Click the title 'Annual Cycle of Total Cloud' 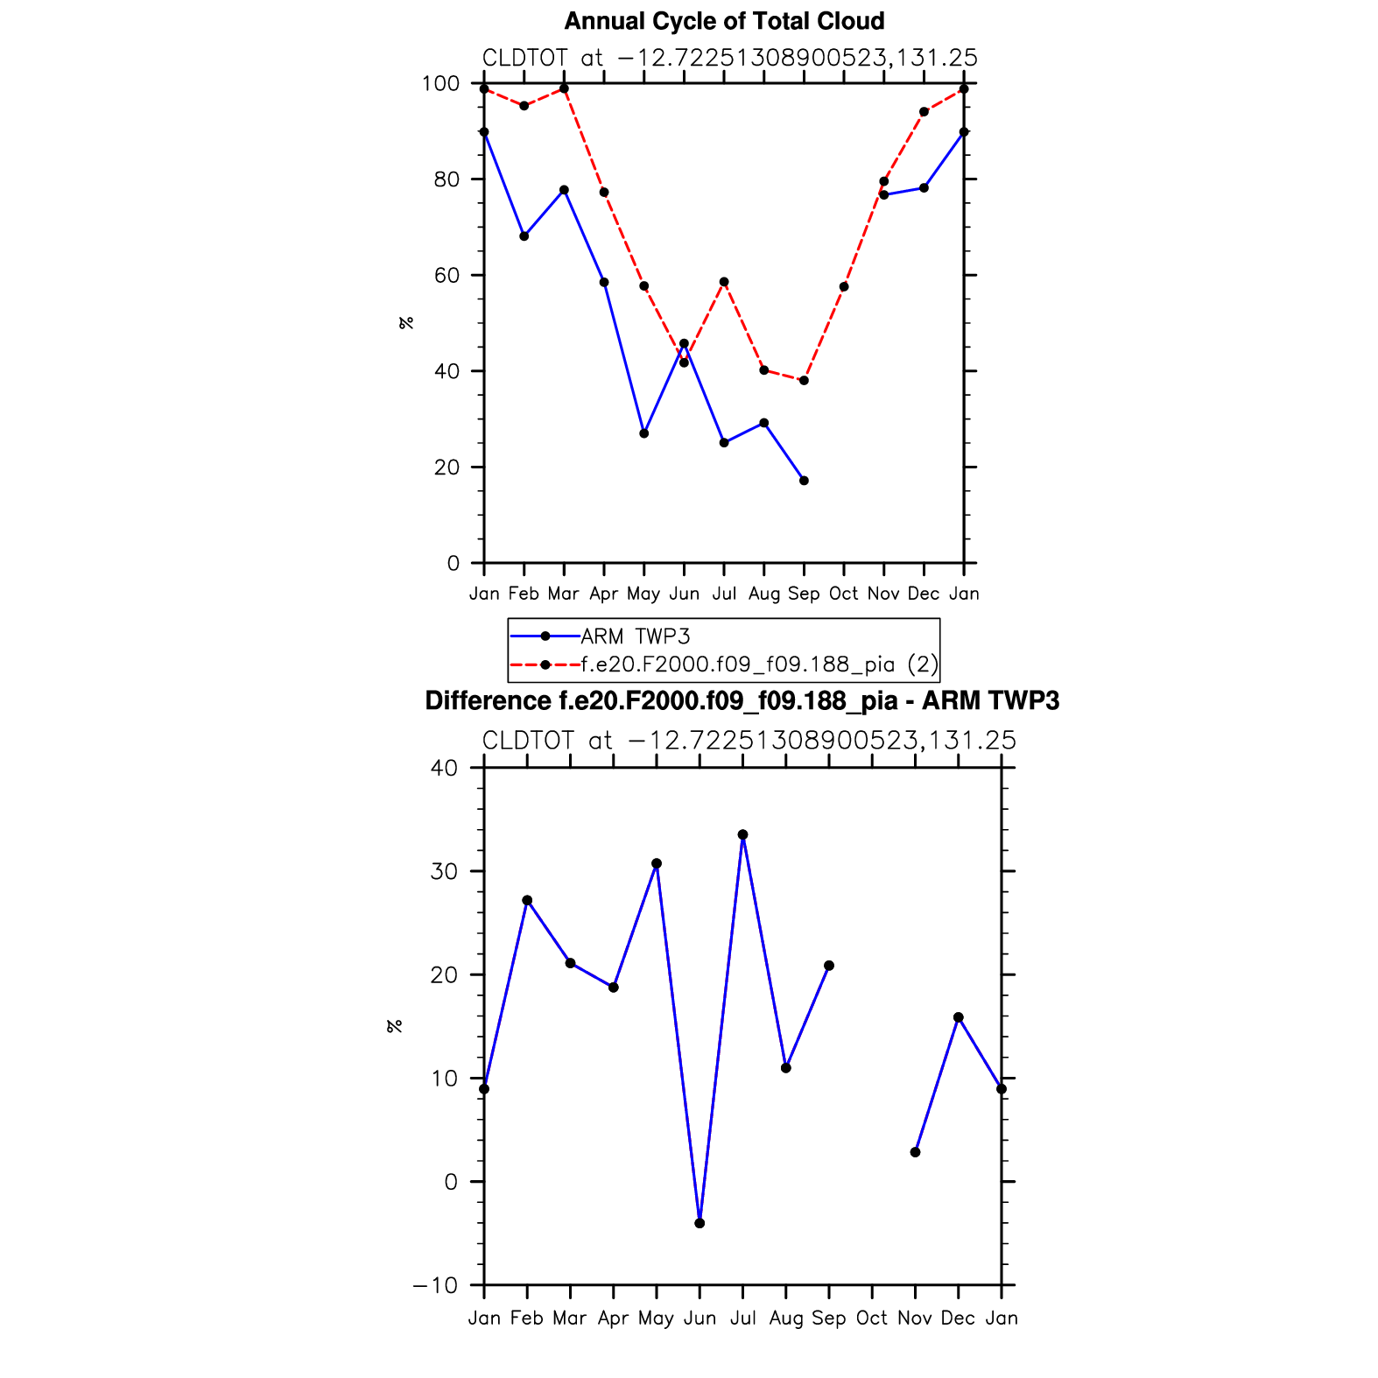(x=724, y=21)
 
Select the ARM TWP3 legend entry (x=636, y=636)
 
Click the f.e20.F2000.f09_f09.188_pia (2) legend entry (x=759, y=664)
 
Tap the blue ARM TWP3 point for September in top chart (x=804, y=481)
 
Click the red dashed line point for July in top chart (x=724, y=282)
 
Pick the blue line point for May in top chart (x=644, y=433)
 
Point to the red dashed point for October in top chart (x=844, y=287)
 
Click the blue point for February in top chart (x=524, y=236)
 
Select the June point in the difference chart (x=700, y=1223)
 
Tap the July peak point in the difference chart (x=743, y=835)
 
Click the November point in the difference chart (x=916, y=1152)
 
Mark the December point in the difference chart (x=959, y=1017)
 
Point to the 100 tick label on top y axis (x=440, y=84)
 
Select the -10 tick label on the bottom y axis (x=435, y=1285)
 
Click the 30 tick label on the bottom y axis (x=444, y=871)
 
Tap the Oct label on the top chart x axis (x=844, y=594)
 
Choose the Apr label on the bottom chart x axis (x=613, y=1318)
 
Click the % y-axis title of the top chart (x=406, y=323)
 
